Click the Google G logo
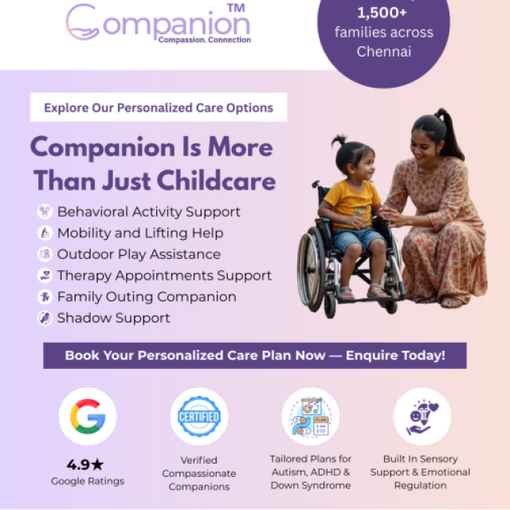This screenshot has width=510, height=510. click(88, 416)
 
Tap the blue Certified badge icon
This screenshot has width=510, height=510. click(199, 416)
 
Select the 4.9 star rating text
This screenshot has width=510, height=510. click(85, 465)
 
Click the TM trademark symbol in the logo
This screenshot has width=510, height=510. click(236, 8)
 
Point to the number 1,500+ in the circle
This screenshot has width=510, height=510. click(382, 13)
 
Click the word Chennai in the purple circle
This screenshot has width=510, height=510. click(384, 52)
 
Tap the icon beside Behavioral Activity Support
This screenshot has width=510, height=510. click(45, 211)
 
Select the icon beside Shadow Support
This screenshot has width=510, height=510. click(45, 318)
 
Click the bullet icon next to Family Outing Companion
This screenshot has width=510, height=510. click(45, 296)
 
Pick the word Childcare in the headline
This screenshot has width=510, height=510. click(216, 181)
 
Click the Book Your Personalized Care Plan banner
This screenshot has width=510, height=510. click(255, 355)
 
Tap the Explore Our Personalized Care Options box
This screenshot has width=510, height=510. click(159, 108)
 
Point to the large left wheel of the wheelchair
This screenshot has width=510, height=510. click(312, 269)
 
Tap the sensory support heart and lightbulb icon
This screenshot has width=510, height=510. click(422, 418)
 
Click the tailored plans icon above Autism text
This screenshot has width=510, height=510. click(311, 416)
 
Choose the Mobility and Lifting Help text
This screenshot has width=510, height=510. click(140, 233)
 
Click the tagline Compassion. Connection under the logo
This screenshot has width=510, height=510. click(205, 40)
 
